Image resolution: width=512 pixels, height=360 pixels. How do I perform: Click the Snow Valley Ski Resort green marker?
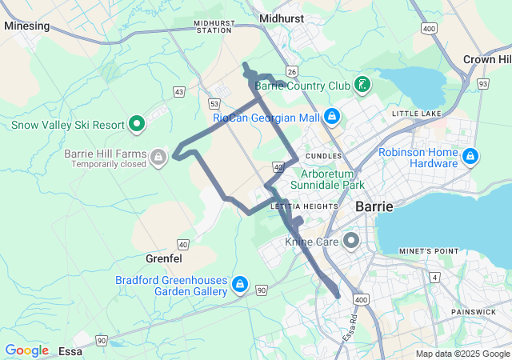tap(137, 124)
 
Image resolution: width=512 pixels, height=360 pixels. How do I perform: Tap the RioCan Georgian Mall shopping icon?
tap(332, 118)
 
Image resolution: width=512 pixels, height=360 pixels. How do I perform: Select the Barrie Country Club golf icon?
tap(362, 85)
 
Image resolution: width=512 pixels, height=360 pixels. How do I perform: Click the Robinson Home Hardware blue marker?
tap(470, 154)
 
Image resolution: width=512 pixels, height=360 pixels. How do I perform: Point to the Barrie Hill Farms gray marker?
tap(158, 155)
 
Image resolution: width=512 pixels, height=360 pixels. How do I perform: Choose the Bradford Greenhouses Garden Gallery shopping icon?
tap(239, 284)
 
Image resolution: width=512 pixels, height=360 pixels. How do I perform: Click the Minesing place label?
tap(26, 26)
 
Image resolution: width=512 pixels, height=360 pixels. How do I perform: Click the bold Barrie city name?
tap(374, 206)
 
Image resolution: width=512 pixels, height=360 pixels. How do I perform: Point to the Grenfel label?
tap(164, 259)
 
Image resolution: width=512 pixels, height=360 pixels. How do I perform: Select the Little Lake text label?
tap(416, 114)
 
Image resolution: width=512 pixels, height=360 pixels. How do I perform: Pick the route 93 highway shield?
tap(482, 83)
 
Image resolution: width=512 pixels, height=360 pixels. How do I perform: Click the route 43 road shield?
tap(179, 93)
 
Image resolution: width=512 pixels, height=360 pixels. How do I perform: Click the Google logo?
tap(26, 350)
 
